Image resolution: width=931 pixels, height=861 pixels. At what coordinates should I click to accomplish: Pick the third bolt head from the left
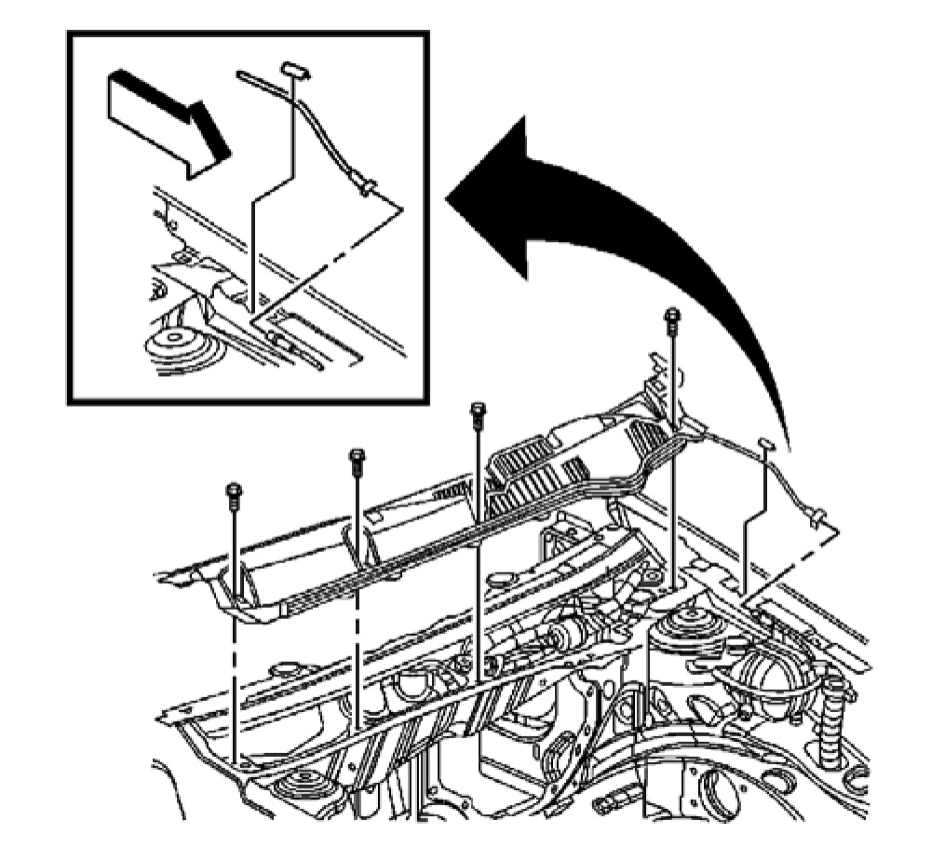pyautogui.click(x=479, y=410)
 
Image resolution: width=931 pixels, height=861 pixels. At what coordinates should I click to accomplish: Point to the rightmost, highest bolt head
pyautogui.click(x=671, y=316)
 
